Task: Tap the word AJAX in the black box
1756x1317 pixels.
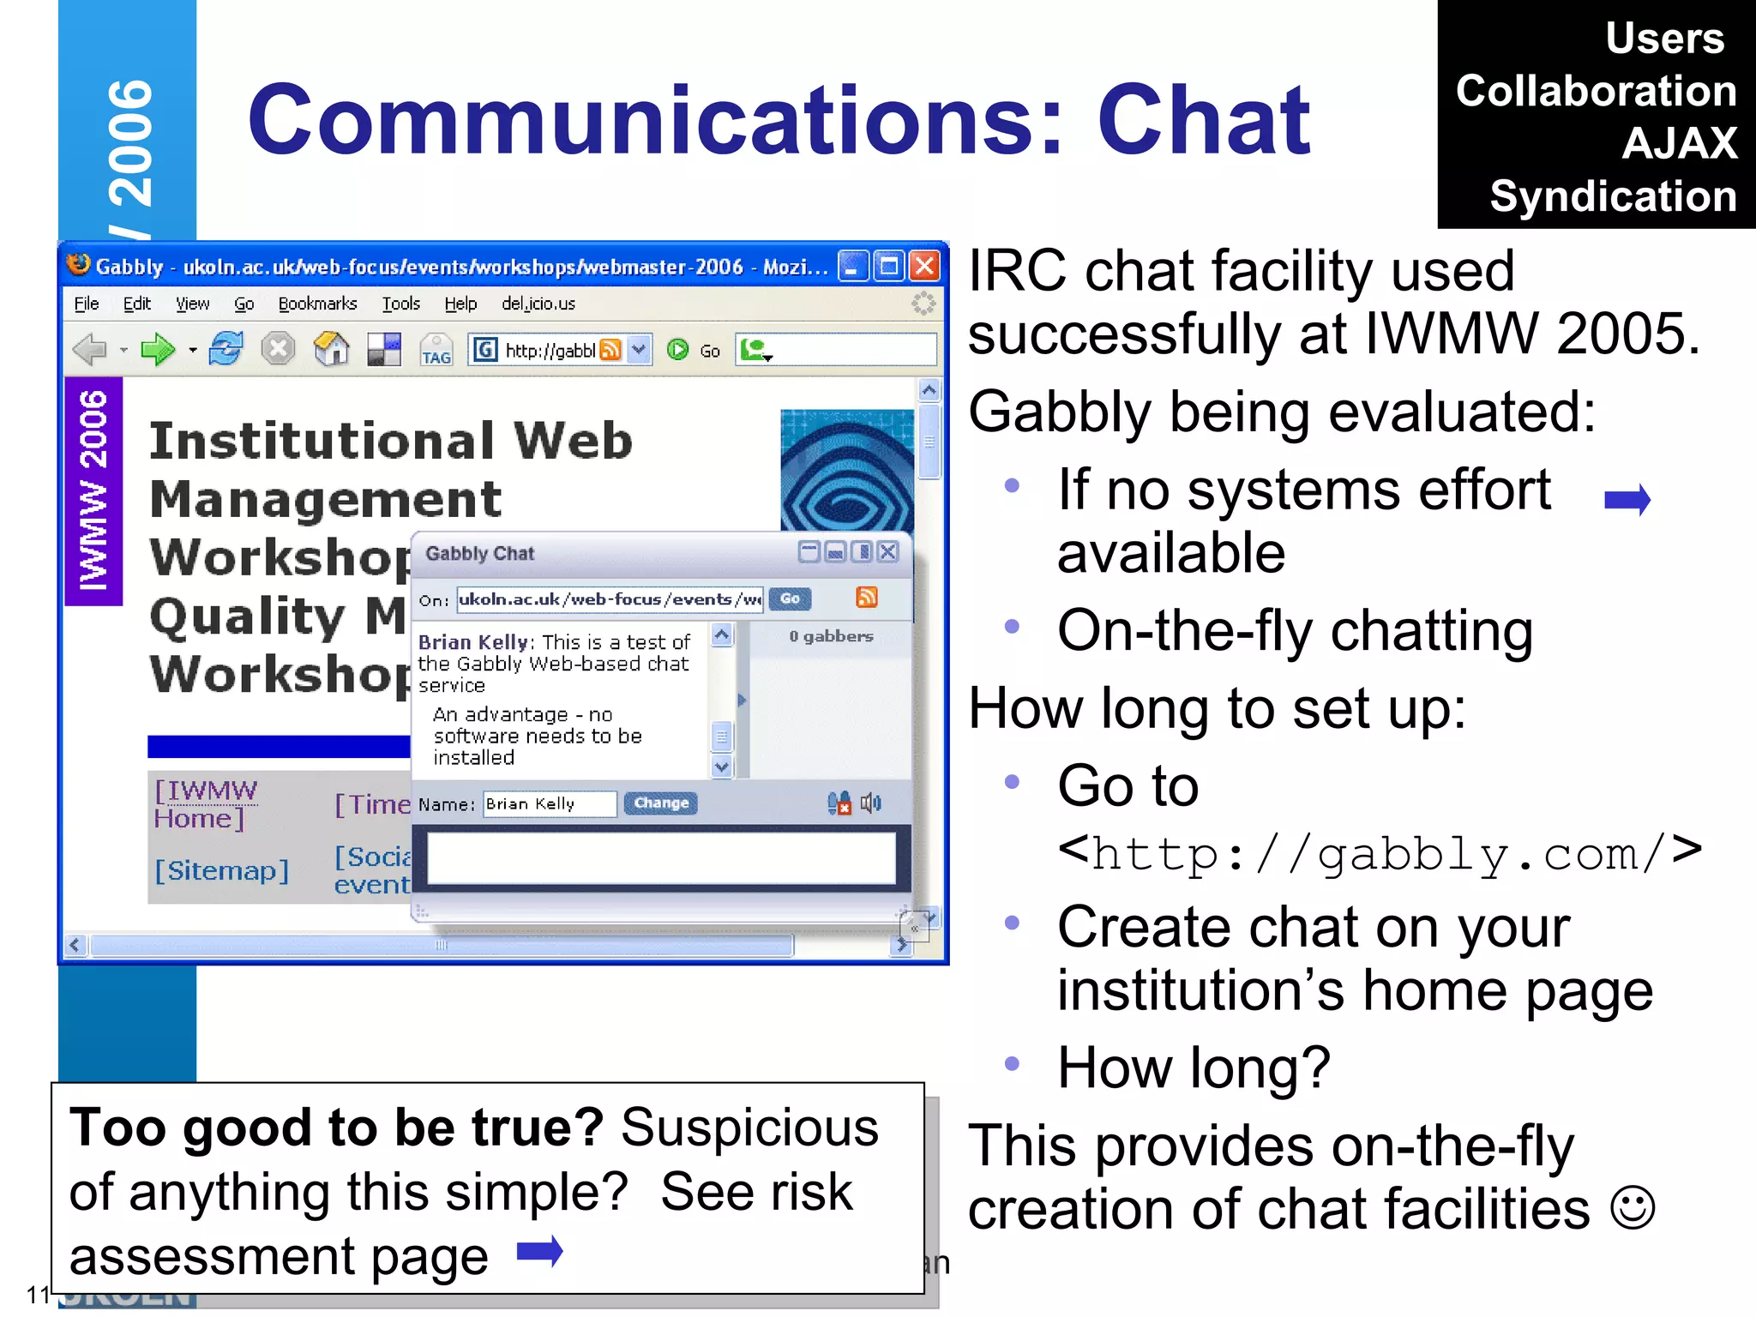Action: [1679, 143]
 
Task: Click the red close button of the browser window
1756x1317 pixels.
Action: [925, 267]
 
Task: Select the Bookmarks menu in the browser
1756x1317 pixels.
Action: [317, 304]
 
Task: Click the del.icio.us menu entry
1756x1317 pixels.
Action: [538, 304]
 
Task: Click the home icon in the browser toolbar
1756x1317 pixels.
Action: [331, 350]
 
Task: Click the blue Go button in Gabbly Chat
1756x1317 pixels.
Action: [790, 598]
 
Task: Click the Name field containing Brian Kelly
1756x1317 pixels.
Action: [549, 803]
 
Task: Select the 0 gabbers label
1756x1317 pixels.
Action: [831, 636]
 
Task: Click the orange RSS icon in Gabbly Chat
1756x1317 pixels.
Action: [867, 598]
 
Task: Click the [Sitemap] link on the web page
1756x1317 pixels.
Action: [221, 870]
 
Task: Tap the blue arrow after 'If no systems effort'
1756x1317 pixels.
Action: [1627, 499]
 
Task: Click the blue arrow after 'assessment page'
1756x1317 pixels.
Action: [540, 1252]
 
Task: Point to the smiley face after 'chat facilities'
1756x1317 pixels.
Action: [1632, 1208]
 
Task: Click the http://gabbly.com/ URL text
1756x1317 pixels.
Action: [1380, 855]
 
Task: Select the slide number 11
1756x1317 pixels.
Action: [39, 1294]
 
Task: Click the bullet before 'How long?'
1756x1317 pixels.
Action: [1012, 1064]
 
